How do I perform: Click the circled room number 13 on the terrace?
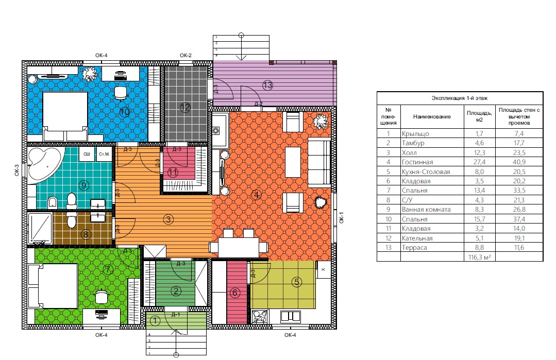pyautogui.click(x=268, y=85)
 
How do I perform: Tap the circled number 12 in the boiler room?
pyautogui.click(x=186, y=107)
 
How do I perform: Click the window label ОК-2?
pyautogui.click(x=186, y=55)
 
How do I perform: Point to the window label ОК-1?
pyautogui.click(x=342, y=217)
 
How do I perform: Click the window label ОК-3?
pyautogui.click(x=17, y=170)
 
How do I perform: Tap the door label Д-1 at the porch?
pyautogui.click(x=176, y=315)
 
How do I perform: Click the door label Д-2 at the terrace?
pyautogui.click(x=259, y=104)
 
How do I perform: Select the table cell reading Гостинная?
pyautogui.click(x=417, y=162)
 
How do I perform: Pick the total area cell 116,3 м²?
pyautogui.click(x=479, y=257)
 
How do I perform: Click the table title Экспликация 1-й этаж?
pyautogui.click(x=460, y=98)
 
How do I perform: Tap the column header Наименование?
pyautogui.click(x=432, y=116)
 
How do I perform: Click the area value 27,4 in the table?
pyautogui.click(x=479, y=162)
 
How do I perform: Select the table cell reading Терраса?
pyautogui.click(x=414, y=248)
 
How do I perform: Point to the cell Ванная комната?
pyautogui.click(x=426, y=210)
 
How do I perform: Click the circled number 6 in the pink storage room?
pyautogui.click(x=235, y=293)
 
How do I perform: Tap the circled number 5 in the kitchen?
pyautogui.click(x=297, y=282)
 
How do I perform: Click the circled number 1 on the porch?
pyautogui.click(x=155, y=321)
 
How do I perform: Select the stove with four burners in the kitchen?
pyautogui.click(x=260, y=316)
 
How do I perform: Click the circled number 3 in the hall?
pyautogui.click(x=169, y=219)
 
